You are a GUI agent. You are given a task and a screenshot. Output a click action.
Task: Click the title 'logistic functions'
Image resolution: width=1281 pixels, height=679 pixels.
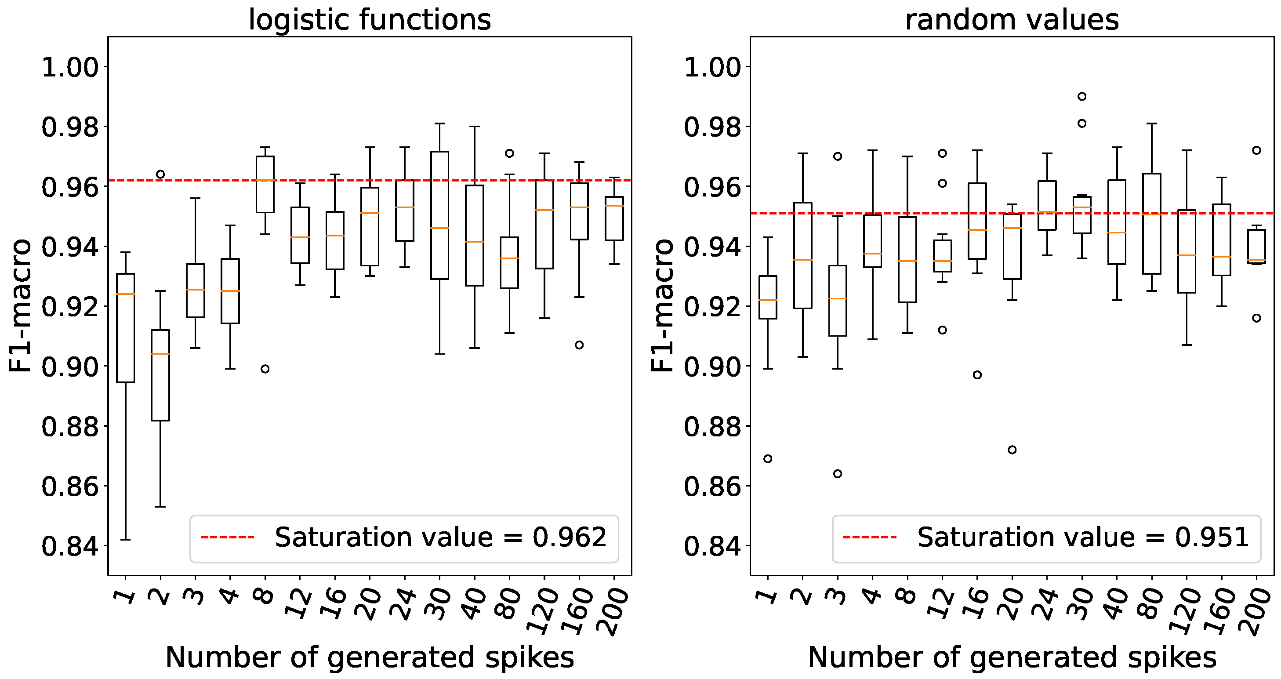pyautogui.click(x=370, y=20)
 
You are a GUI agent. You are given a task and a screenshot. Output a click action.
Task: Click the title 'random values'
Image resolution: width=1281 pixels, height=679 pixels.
pyautogui.click(x=1012, y=20)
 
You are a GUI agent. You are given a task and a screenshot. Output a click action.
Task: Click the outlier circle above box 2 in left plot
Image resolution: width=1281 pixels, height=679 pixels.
pyautogui.click(x=160, y=174)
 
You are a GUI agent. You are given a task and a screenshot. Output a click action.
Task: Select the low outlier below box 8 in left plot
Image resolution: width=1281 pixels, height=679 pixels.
pyautogui.click(x=265, y=369)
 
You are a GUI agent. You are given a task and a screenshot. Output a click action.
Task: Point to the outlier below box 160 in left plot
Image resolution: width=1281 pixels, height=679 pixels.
pyautogui.click(x=579, y=345)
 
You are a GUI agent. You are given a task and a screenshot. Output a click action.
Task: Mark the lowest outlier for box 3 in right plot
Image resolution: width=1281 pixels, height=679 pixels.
pyautogui.click(x=838, y=474)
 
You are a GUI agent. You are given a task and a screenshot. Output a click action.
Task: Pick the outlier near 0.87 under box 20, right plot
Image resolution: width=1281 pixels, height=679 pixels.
pyautogui.click(x=1012, y=450)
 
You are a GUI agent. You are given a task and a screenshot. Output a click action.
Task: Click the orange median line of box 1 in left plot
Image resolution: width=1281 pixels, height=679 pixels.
pyautogui.click(x=125, y=294)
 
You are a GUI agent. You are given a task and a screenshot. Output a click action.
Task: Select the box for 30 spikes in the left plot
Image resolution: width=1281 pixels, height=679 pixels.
pyautogui.click(x=439, y=215)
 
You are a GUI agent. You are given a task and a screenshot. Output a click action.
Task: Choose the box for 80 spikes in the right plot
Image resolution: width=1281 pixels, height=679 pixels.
pyautogui.click(x=1152, y=224)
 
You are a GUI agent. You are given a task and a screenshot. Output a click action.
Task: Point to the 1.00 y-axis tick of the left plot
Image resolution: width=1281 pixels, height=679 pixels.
pyautogui.click(x=69, y=67)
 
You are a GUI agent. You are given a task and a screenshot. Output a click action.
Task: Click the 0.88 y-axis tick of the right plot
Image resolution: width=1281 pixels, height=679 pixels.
pyautogui.click(x=712, y=426)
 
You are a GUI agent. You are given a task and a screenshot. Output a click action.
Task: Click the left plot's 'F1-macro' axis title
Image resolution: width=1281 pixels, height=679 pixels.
pyautogui.click(x=20, y=305)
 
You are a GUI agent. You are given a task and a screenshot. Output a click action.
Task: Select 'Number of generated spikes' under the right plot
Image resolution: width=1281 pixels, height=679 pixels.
pyautogui.click(x=1012, y=657)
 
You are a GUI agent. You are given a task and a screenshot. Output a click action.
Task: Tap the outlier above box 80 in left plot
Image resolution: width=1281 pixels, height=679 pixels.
pyautogui.click(x=509, y=153)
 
